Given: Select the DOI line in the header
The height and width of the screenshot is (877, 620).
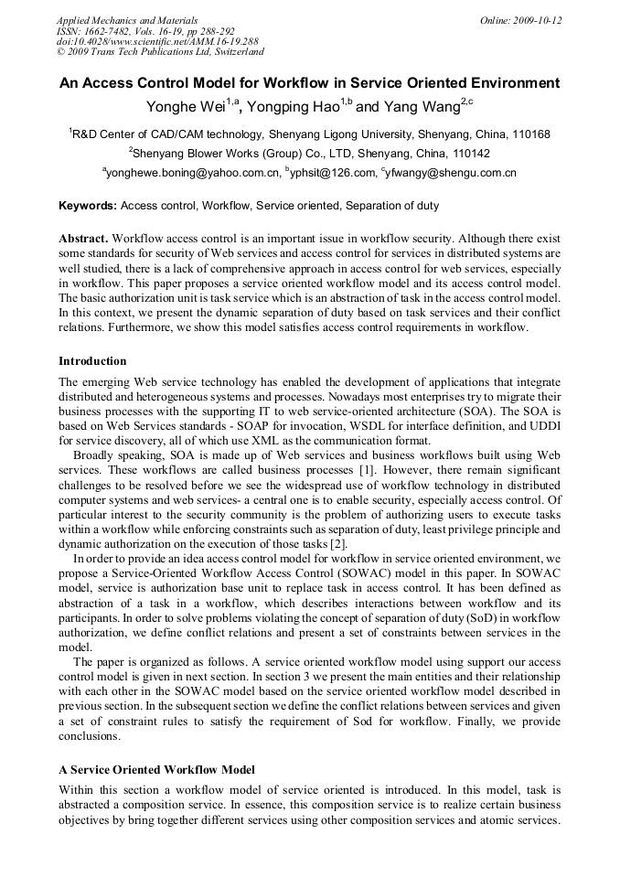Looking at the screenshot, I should pos(157,41).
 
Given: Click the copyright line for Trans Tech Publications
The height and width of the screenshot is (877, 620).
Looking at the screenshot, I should pos(161,52).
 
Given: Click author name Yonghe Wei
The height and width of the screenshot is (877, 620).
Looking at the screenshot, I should pos(188,106).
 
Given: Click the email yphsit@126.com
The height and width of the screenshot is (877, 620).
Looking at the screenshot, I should pos(333,172).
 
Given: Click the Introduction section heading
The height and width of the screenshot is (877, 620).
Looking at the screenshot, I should pos(92,361).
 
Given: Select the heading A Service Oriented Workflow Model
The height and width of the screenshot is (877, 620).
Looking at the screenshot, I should pos(156,769).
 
